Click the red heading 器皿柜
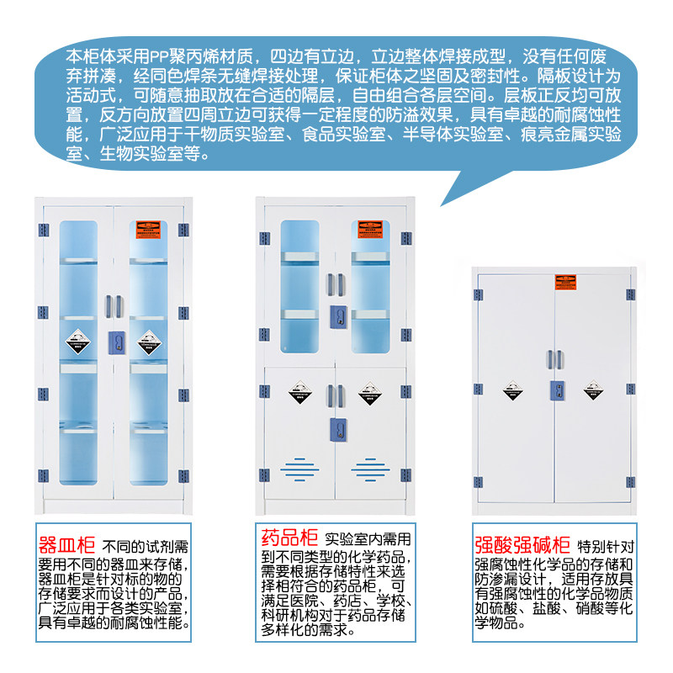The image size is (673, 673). [66, 543]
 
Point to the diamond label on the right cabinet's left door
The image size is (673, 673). [513, 390]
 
